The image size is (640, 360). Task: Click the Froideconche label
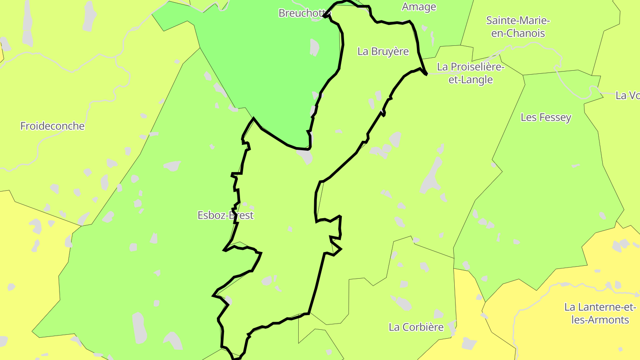tap(52, 126)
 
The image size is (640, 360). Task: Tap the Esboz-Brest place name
tap(225, 216)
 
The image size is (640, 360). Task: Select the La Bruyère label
tap(383, 52)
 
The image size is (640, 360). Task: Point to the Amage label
tap(419, 7)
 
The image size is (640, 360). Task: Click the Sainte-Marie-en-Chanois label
tap(518, 27)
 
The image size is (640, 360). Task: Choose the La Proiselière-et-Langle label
tap(471, 73)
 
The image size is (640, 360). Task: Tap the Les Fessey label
tap(546, 117)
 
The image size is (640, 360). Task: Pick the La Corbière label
tap(416, 328)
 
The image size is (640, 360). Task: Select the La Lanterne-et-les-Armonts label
tap(600, 313)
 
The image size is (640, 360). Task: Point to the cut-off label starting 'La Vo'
tap(628, 96)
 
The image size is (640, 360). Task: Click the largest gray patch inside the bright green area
tap(314, 47)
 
